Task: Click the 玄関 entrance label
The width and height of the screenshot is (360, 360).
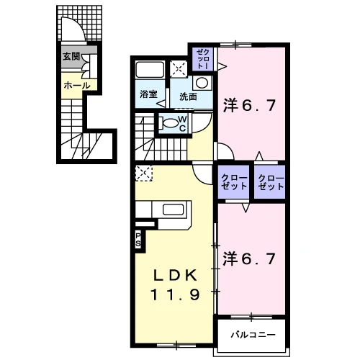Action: [x=71, y=57]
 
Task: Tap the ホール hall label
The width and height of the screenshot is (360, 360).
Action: [x=77, y=86]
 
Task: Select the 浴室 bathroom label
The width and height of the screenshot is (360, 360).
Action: [x=148, y=94]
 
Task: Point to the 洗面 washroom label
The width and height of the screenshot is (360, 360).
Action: [x=188, y=96]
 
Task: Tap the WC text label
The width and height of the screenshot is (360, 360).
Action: [x=183, y=124]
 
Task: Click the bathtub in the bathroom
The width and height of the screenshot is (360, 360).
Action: [x=150, y=70]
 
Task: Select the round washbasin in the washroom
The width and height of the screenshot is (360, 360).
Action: [x=202, y=83]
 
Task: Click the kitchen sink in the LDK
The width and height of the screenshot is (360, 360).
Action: [x=174, y=210]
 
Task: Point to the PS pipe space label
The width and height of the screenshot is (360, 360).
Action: [x=138, y=240]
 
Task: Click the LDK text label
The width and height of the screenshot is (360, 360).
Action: [x=175, y=275]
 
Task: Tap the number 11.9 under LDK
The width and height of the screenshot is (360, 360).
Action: [x=175, y=294]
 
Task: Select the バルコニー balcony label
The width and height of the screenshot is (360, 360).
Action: [x=253, y=334]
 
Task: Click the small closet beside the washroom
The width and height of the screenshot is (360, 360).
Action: [x=202, y=59]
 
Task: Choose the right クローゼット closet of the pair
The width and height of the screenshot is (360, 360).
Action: [x=270, y=182]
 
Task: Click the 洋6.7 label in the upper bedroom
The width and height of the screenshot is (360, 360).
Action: [x=249, y=105]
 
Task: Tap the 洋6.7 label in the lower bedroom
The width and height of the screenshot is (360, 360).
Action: [x=249, y=258]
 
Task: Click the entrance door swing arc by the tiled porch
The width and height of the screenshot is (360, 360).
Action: [x=78, y=23]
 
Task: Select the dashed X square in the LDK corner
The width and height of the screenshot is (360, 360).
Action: [x=144, y=173]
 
